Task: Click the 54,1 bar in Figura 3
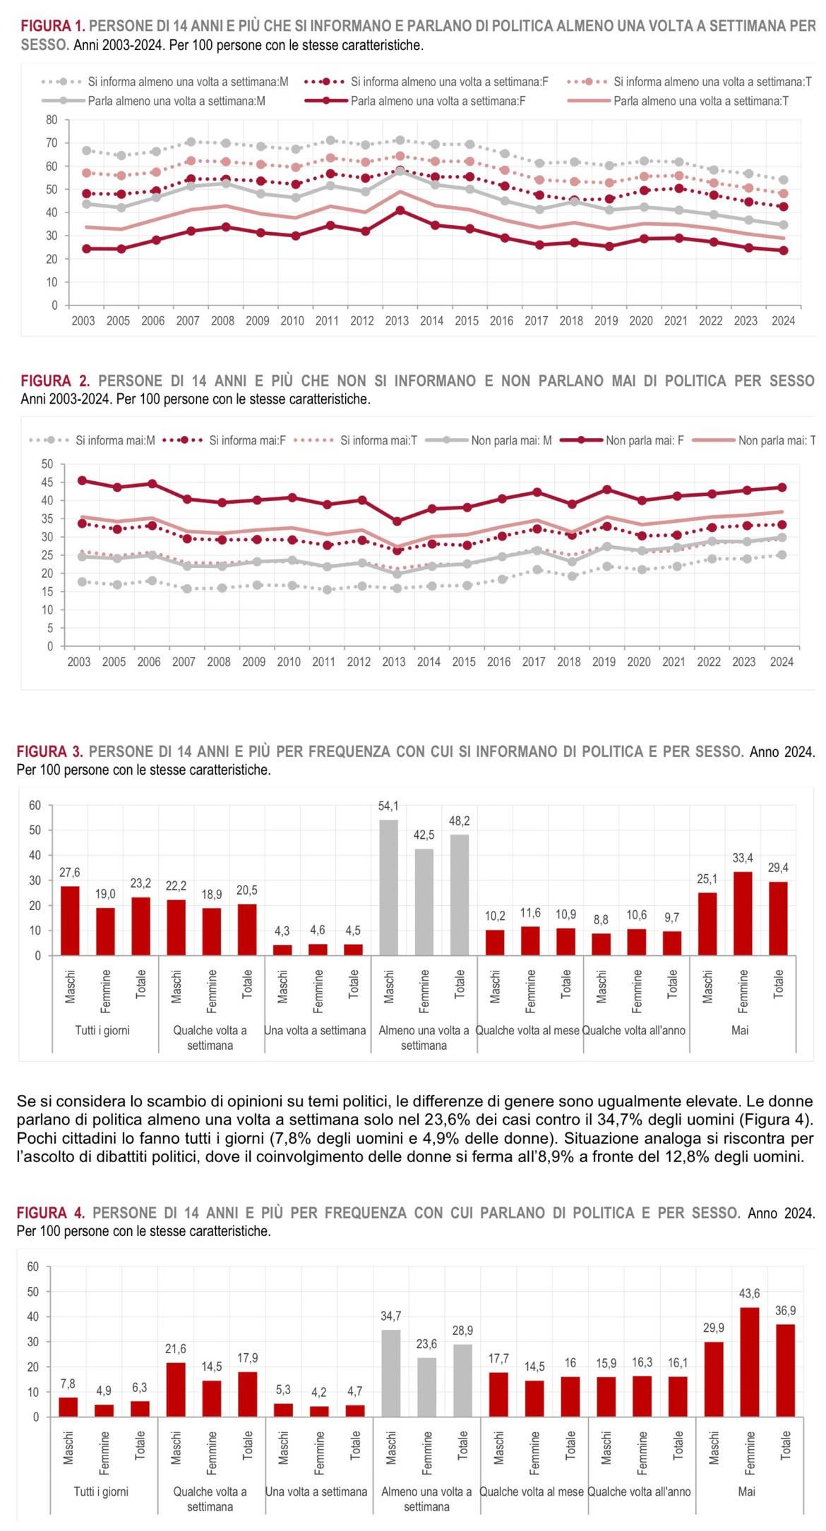[388, 888]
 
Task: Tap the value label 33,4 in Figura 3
[743, 858]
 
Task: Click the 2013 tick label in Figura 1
[397, 321]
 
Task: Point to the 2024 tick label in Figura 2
[782, 662]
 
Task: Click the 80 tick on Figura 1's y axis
[52, 120]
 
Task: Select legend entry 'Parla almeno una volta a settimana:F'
[438, 101]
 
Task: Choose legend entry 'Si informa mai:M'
[115, 440]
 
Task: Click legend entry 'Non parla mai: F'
[644, 440]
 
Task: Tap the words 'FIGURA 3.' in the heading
[49, 751]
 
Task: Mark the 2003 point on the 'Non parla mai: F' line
[82, 480]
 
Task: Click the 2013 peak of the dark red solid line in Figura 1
[400, 210]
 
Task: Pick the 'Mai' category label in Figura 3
[740, 1030]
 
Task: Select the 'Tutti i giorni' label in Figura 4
[101, 1491]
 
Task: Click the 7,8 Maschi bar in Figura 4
[68, 1406]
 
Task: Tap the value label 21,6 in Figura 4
[175, 1349]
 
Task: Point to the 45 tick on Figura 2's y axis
[47, 483]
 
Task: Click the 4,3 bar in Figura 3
[282, 950]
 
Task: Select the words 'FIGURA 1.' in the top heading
[52, 26]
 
